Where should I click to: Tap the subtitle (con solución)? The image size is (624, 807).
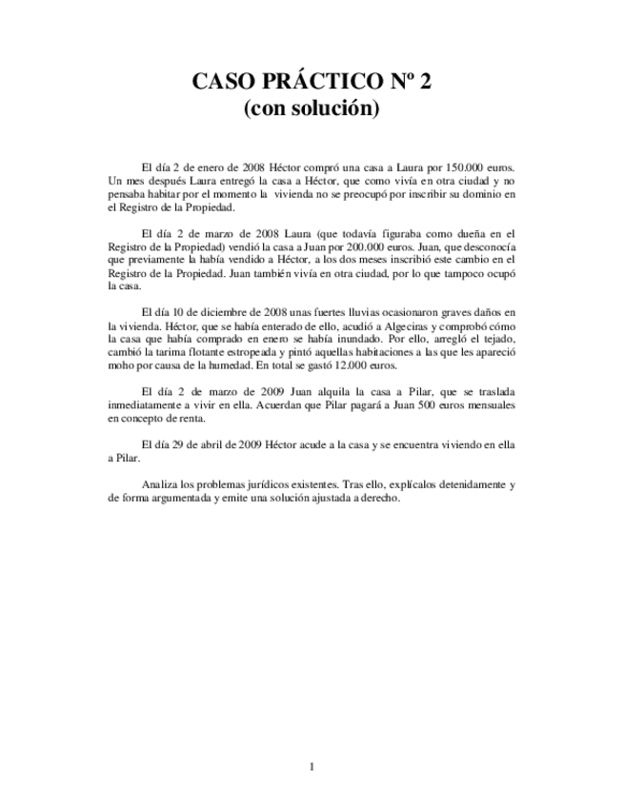pos(312,109)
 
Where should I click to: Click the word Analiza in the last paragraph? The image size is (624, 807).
pos(160,483)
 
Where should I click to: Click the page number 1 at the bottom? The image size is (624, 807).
pos(312,766)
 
